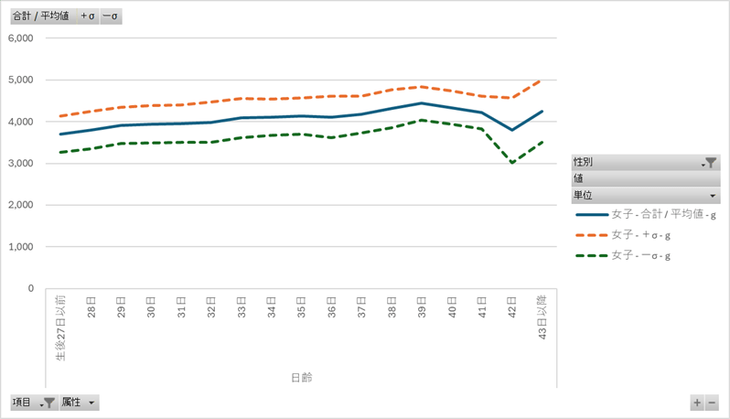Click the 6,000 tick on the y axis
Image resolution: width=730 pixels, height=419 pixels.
(19, 38)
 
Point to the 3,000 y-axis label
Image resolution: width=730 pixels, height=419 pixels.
(19, 164)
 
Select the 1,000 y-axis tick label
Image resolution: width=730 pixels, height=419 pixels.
(19, 247)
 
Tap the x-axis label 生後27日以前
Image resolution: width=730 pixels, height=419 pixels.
(60, 328)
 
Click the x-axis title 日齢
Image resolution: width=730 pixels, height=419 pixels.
(301, 377)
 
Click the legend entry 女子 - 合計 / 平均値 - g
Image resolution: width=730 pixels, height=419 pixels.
(663, 215)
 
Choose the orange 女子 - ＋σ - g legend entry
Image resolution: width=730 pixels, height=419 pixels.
(641, 236)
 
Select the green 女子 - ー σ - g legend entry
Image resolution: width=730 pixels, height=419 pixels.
(641, 256)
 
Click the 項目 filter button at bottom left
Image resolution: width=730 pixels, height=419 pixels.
(33, 403)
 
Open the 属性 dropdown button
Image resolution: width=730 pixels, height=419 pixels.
(79, 403)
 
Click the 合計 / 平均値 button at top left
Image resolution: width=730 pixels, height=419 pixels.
(40, 16)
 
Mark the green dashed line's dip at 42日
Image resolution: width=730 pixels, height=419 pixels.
(511, 163)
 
